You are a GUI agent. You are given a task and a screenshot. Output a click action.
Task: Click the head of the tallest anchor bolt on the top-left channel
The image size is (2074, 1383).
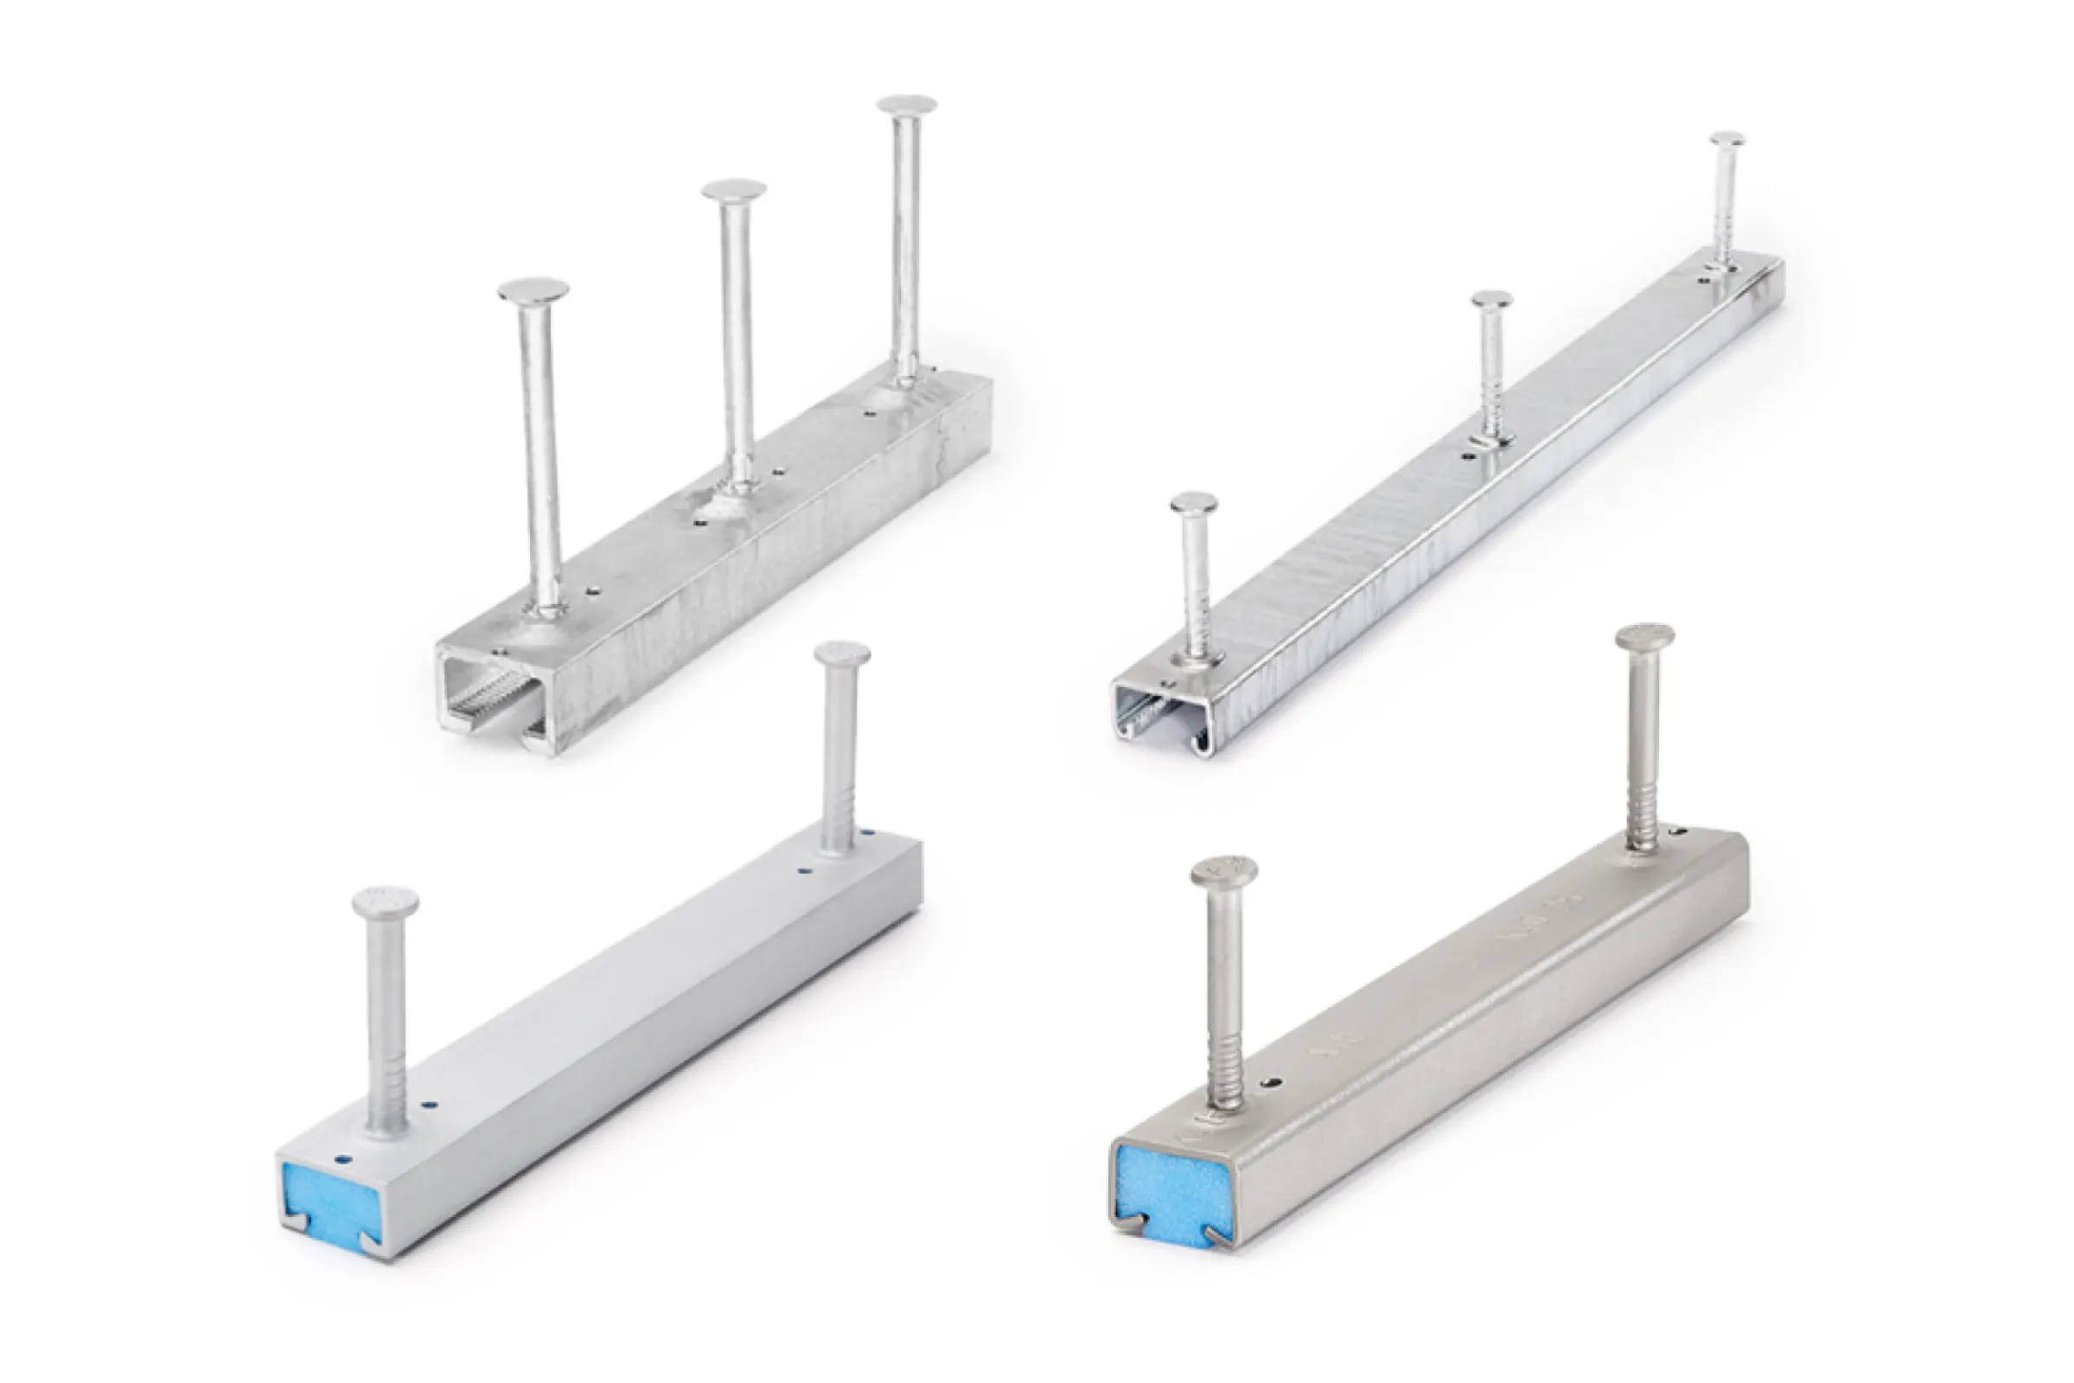(906, 105)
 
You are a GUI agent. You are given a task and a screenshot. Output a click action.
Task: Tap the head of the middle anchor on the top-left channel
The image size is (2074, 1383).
(733, 188)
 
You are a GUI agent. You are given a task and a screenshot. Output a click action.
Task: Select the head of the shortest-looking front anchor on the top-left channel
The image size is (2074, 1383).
(533, 290)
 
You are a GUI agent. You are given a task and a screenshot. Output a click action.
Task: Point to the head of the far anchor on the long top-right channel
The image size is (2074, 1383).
(1726, 139)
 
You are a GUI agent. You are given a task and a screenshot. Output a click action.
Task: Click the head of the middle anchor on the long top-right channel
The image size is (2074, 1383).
(1492, 299)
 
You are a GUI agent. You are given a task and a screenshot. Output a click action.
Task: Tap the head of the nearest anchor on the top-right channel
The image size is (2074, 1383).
(1195, 504)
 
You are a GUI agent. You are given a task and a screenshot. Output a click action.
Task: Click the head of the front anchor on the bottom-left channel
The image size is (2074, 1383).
(386, 903)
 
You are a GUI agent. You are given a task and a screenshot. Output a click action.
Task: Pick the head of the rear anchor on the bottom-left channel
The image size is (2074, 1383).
(841, 654)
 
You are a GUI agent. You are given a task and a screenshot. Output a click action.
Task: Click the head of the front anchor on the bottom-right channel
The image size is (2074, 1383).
(1222, 871)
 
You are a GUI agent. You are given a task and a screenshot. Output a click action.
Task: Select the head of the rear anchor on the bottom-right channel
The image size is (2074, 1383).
(1644, 637)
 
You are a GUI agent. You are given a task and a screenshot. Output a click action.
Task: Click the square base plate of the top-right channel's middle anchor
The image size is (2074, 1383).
(1489, 438)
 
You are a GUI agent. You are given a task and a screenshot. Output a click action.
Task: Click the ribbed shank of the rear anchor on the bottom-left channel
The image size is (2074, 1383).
(836, 812)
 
